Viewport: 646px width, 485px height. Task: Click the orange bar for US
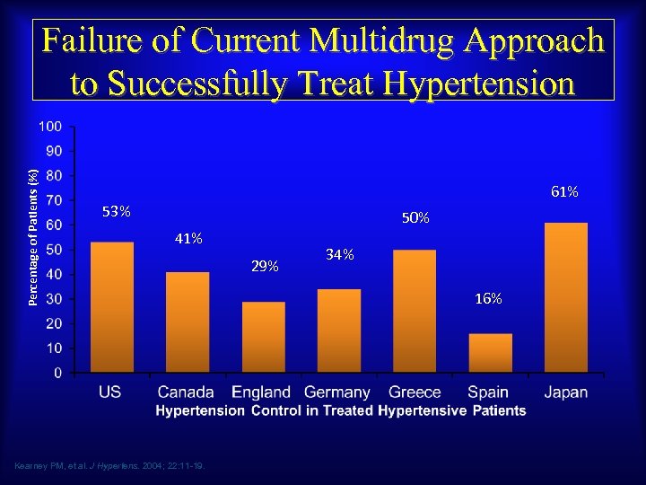pyautogui.click(x=112, y=307)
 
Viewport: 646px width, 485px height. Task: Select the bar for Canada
pyautogui.click(x=188, y=322)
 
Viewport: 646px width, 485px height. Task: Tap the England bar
pyautogui.click(x=263, y=337)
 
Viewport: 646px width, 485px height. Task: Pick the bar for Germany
pyautogui.click(x=339, y=331)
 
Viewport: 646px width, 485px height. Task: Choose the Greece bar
pyautogui.click(x=415, y=311)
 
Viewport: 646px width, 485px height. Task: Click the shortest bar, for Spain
pyautogui.click(x=490, y=353)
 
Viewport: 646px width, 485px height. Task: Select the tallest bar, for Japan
pyautogui.click(x=565, y=297)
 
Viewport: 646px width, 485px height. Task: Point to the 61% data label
pyautogui.click(x=564, y=191)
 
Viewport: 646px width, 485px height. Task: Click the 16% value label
pyautogui.click(x=489, y=298)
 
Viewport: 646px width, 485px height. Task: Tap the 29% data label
pyautogui.click(x=265, y=267)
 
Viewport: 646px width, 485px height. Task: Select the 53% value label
pyautogui.click(x=117, y=212)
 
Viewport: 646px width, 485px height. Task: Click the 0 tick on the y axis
pyautogui.click(x=57, y=372)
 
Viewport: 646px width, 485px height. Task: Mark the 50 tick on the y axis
pyautogui.click(x=54, y=249)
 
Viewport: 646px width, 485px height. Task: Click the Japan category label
pyautogui.click(x=565, y=392)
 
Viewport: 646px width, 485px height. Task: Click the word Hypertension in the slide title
pyautogui.click(x=477, y=83)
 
